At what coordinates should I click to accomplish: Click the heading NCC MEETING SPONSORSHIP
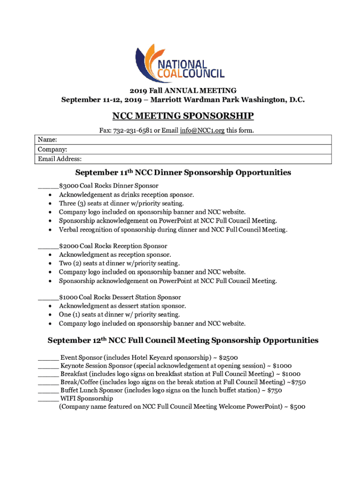coord(183,116)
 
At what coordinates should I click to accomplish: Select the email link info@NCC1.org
coord(202,130)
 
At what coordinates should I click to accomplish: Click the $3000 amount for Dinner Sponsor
coord(68,186)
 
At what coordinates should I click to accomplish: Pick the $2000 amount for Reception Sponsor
coord(68,246)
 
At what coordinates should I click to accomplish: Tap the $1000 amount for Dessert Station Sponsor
coord(68,298)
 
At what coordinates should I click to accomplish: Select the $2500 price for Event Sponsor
coord(228,358)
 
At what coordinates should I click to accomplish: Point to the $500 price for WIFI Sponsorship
coord(297,407)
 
